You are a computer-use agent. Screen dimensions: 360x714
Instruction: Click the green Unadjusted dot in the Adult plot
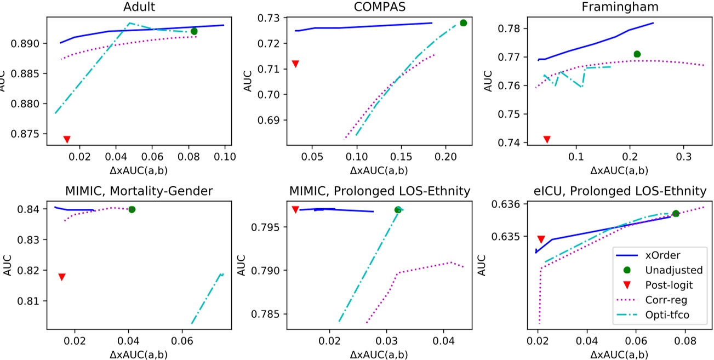[194, 31]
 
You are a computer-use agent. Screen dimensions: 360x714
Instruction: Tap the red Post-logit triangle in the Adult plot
[67, 139]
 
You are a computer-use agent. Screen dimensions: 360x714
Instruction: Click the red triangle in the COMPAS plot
[295, 64]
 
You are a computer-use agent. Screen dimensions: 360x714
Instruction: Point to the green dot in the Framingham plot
[637, 54]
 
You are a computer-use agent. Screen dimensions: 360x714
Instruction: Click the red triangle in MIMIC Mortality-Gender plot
[62, 277]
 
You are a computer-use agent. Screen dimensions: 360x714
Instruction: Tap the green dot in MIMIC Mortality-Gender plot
[132, 209]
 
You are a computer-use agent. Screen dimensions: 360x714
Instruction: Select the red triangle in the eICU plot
[541, 239]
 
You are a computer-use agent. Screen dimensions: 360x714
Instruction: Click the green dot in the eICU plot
[676, 213]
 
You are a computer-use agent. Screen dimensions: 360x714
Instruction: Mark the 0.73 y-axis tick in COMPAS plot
[267, 18]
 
